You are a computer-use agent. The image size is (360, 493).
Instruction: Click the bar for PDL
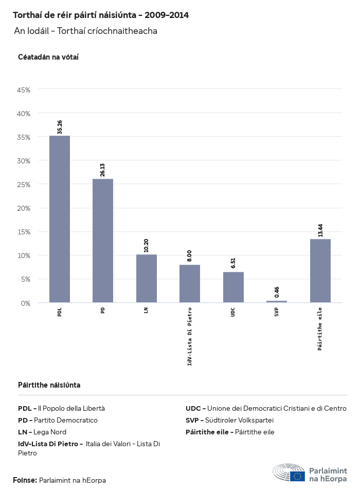tap(60, 219)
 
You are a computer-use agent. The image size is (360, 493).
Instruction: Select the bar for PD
tap(103, 241)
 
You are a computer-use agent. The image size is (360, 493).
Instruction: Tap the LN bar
tap(147, 278)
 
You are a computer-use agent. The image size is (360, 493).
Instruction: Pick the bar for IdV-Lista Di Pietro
tap(190, 283)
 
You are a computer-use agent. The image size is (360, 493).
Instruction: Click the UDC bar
tap(233, 287)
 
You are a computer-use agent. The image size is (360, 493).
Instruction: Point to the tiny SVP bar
tap(277, 301)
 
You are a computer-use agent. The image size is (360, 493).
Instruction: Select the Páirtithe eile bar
tap(320, 270)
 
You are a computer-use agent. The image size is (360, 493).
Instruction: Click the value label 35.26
tap(60, 127)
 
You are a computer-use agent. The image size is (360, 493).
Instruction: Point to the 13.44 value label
tap(320, 230)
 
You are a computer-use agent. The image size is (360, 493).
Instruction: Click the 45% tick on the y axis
tap(24, 90)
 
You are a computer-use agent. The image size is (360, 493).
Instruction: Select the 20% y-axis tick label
tap(24, 208)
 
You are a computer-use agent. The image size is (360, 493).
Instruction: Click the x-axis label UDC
tap(233, 312)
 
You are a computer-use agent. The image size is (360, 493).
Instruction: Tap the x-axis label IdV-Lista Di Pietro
tap(190, 336)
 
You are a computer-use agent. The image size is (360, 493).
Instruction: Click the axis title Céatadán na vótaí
tap(48, 57)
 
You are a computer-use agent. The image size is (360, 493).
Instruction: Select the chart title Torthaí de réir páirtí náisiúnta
tap(100, 15)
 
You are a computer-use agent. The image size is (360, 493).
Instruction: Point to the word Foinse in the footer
tap(24, 480)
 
